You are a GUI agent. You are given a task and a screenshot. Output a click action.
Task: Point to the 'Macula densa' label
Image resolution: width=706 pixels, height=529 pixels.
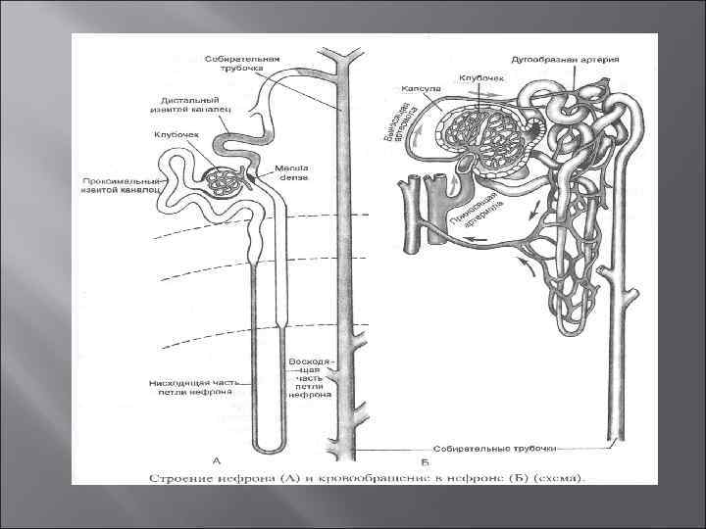tap(292, 172)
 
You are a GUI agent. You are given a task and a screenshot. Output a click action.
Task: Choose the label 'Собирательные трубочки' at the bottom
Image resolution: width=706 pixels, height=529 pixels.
tap(509, 448)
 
